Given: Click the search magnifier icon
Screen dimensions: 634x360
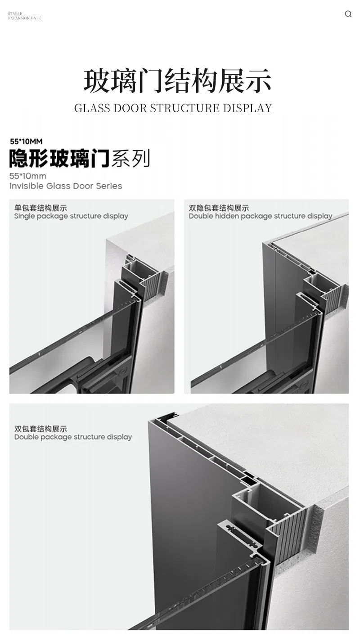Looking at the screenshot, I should [x=348, y=14].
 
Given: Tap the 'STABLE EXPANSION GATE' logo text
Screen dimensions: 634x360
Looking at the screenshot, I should [x=24, y=16].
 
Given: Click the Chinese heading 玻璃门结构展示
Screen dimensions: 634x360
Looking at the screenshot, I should [x=177, y=82].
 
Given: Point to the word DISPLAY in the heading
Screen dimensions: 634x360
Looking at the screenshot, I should [x=247, y=109].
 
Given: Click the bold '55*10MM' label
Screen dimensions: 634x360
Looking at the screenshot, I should [x=26, y=141].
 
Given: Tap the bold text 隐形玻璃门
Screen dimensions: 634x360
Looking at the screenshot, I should [x=59, y=158].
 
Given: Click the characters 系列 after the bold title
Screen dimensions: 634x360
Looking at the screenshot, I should [x=130, y=158].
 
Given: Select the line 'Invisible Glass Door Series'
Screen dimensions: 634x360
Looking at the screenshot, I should [x=66, y=186].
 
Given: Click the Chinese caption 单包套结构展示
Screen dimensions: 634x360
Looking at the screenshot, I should [x=40, y=208].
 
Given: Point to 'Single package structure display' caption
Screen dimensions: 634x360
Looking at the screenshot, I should [x=71, y=216].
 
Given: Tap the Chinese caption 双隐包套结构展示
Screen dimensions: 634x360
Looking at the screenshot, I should [x=219, y=208].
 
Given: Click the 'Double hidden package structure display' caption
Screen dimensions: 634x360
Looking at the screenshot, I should [x=261, y=216].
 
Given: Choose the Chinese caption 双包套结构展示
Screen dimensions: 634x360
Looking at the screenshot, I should [x=40, y=429].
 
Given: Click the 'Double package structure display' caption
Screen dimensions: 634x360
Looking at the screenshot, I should [x=73, y=437].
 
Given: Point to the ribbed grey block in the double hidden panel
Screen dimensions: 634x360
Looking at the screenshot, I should [x=332, y=298].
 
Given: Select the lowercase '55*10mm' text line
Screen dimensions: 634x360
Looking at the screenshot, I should [x=27, y=176].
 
